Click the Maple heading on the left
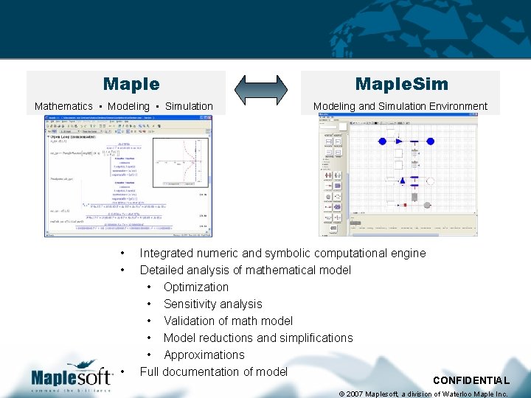131,85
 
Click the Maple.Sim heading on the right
400,85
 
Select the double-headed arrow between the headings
263,89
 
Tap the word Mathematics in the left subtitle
63,106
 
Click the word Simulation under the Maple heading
189,106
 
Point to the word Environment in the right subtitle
454,106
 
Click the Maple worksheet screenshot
127,176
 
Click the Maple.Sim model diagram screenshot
399,176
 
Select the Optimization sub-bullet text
196,287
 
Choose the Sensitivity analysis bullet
212,304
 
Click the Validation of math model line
228,321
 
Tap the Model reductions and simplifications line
258,338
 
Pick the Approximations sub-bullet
204,355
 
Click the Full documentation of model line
213,371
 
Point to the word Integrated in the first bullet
167,253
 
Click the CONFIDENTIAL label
471,380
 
